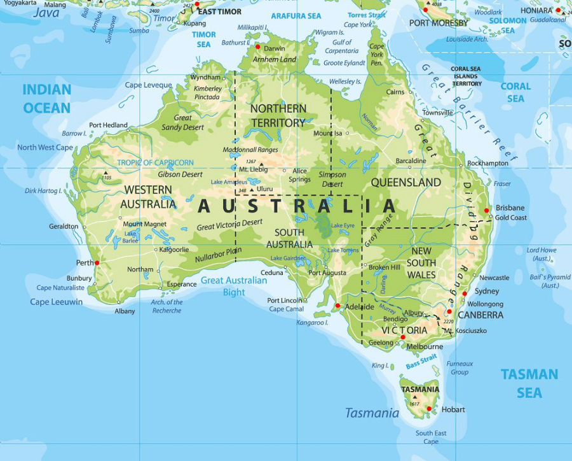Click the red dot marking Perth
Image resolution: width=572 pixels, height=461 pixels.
click(x=97, y=262)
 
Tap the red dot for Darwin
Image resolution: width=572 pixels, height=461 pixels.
click(x=258, y=46)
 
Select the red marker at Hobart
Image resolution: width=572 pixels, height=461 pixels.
click(x=429, y=409)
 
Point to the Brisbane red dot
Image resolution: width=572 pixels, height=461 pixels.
click(x=487, y=210)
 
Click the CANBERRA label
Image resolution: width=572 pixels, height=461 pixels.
click(x=480, y=315)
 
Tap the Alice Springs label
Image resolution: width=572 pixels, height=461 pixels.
click(x=300, y=175)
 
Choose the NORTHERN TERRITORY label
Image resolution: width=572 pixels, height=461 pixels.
click(x=278, y=115)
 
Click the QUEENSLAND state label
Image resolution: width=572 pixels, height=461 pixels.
click(x=405, y=182)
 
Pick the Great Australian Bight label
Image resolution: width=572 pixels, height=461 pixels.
click(x=234, y=286)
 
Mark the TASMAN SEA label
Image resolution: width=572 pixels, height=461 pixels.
click(x=529, y=383)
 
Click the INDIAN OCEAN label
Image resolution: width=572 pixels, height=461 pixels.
click(x=46, y=99)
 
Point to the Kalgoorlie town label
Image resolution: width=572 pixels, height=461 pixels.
click(x=174, y=250)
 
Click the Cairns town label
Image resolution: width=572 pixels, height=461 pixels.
click(x=395, y=92)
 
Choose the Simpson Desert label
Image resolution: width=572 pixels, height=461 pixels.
click(x=332, y=179)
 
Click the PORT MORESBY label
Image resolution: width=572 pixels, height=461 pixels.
click(x=439, y=23)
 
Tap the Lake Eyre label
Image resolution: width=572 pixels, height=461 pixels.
click(x=343, y=225)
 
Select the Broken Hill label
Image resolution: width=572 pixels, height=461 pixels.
click(x=385, y=267)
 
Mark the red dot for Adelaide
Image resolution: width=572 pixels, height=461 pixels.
click(x=338, y=306)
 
